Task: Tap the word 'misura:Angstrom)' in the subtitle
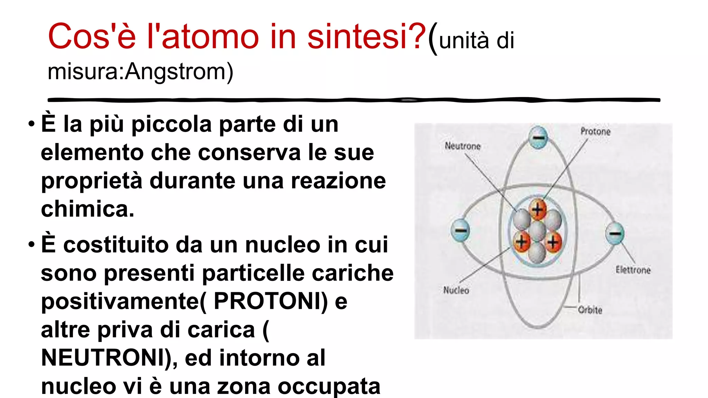[140, 72]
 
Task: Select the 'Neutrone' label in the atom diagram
[463, 146]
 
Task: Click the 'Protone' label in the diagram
[595, 132]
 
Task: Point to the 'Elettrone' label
[633, 270]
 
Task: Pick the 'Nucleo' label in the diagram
[456, 290]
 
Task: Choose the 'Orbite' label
[590, 310]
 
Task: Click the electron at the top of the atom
[538, 137]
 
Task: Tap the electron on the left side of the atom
[460, 230]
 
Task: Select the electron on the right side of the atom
[615, 233]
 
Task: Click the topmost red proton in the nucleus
[538, 209]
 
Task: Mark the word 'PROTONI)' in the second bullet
[271, 301]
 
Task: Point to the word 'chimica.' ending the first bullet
[87, 209]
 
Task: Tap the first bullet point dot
[32, 124]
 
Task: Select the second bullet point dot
[32, 245]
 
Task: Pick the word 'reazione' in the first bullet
[338, 181]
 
